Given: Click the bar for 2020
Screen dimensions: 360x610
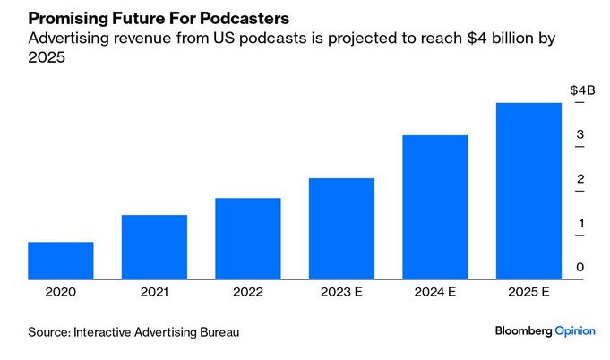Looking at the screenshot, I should click(x=61, y=261).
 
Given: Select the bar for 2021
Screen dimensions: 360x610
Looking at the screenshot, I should click(x=154, y=247).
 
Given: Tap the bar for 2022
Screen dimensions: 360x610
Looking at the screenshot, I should click(x=248, y=238).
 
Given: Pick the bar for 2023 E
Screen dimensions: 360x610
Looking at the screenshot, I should click(x=341, y=228).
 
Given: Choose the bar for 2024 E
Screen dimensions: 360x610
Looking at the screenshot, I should click(x=434, y=207).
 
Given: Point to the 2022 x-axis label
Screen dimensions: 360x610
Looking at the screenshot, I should click(x=248, y=292).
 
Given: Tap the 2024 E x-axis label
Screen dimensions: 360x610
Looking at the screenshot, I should click(x=434, y=292).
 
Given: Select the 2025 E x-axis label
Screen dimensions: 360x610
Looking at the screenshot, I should click(x=528, y=292).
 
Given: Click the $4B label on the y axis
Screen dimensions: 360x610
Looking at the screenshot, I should click(x=582, y=91).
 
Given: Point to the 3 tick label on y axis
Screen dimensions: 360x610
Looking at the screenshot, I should click(x=580, y=135).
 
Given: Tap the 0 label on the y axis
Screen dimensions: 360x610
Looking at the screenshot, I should click(x=580, y=268).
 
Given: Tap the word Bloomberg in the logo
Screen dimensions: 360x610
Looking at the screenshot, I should click(x=523, y=331).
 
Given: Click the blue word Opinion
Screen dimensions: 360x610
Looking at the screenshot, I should click(x=575, y=331).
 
